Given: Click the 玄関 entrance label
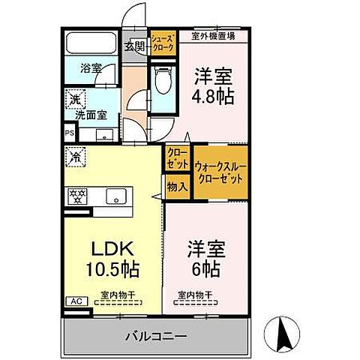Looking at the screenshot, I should point(135,46).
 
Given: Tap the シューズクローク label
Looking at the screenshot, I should point(163,42).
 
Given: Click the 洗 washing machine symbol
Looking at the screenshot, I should point(76,97).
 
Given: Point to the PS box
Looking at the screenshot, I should point(70,134).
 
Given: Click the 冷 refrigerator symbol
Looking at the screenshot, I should point(76,157).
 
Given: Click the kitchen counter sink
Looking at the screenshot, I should point(116,196).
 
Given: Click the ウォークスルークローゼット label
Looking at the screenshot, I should point(219,173).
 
